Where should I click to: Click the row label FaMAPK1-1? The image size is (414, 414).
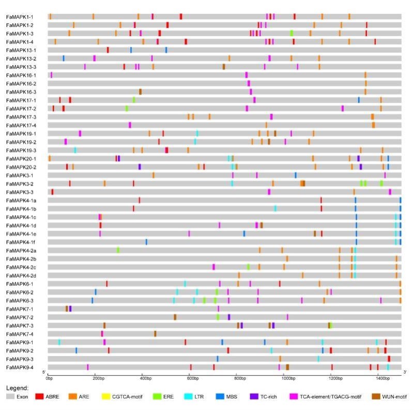20,17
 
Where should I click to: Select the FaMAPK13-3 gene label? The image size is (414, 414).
21,67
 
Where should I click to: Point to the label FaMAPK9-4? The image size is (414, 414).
20,367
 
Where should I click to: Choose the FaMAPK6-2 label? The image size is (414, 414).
20,292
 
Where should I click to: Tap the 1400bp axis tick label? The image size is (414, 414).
383,379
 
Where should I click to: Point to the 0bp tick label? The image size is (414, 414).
49,379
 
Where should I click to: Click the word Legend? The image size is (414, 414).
18,388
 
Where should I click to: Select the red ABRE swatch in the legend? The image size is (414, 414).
39,396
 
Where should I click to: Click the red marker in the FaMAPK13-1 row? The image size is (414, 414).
108,50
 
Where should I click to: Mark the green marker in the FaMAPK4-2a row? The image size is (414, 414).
118,250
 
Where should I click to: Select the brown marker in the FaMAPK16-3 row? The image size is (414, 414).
140,91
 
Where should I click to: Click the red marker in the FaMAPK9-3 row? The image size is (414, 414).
389,359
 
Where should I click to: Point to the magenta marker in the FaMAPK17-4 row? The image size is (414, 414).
130,125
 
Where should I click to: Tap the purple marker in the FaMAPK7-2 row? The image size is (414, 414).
229,317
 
